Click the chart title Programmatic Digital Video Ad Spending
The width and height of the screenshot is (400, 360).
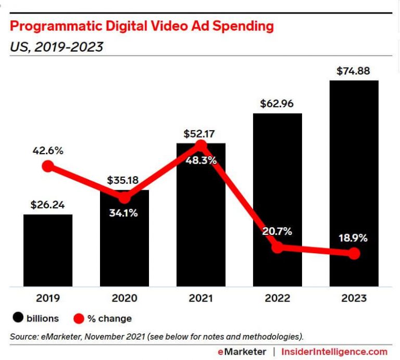point(142,27)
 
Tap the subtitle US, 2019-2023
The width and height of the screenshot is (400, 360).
point(56,47)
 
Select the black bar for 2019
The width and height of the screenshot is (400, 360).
point(47,250)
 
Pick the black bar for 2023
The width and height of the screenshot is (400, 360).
point(354,182)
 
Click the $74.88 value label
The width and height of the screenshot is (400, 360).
point(354,71)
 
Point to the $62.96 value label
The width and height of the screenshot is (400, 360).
point(277,103)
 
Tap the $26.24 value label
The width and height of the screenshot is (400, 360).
point(47,205)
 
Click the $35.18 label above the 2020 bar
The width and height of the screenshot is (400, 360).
point(123,180)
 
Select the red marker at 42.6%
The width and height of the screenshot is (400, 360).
point(47,166)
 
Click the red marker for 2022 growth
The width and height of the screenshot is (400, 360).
point(278,247)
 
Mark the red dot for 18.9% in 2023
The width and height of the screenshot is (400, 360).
point(354,254)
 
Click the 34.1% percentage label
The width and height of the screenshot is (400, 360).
point(123,213)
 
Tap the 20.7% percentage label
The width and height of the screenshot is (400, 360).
point(277,231)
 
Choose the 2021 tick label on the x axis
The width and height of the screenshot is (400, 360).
point(201,299)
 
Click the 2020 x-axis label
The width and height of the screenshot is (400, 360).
point(124,299)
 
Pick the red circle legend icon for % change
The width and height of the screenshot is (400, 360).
point(78,318)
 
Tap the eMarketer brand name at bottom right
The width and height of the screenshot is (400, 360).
point(243,352)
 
